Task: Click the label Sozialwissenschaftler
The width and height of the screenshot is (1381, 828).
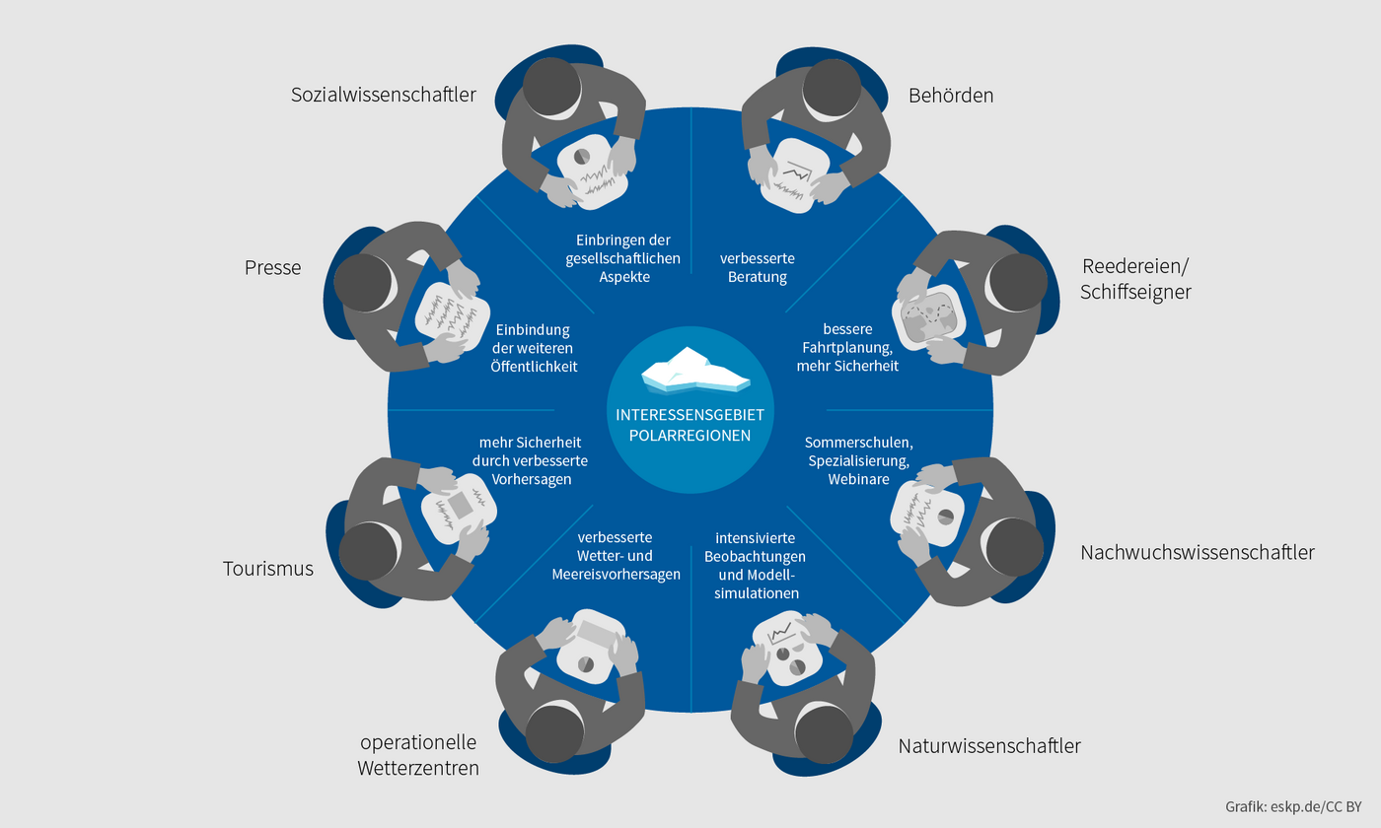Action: point(384,96)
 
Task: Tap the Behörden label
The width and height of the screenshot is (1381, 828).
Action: point(951,96)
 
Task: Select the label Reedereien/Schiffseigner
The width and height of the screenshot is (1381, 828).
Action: point(1135,279)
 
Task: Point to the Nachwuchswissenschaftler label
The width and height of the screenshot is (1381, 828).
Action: point(1197,552)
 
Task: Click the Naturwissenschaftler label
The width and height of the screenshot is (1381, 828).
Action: point(989,746)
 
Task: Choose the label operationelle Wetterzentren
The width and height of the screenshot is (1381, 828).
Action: point(418,754)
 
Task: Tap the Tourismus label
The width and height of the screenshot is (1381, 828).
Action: point(268,569)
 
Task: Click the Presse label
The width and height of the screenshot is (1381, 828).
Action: point(272,267)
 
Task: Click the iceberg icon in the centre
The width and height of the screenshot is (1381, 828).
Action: point(694,370)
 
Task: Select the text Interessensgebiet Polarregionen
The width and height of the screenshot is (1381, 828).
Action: point(690,425)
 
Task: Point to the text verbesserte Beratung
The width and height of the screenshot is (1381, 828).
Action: point(758,268)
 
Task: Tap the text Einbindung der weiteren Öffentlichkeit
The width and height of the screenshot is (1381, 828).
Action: point(534,348)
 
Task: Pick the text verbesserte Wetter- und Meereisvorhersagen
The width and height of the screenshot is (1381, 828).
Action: point(629,556)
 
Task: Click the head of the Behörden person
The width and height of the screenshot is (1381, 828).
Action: point(826,83)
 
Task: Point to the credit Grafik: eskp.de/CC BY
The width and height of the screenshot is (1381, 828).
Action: point(1292,805)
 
